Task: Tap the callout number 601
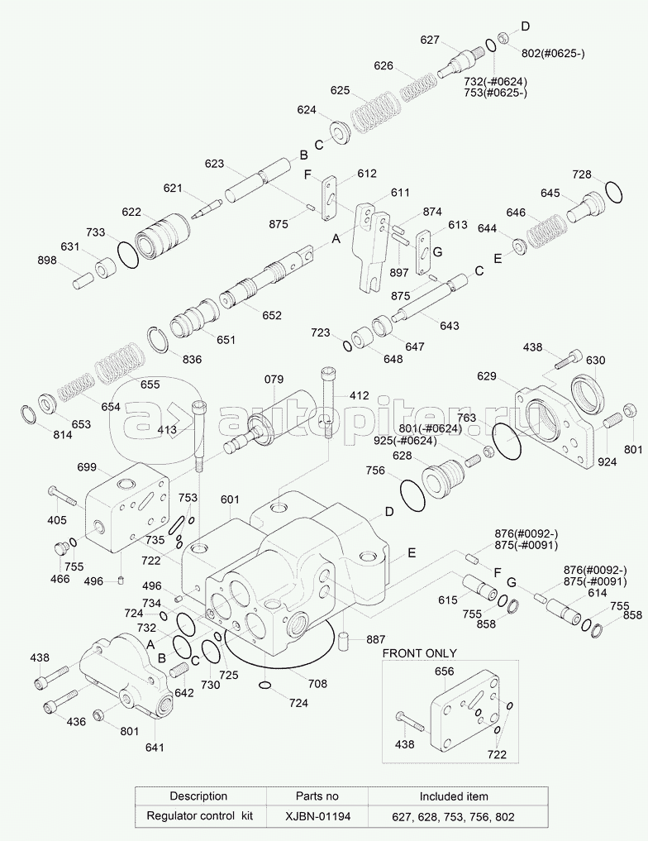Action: click(230, 499)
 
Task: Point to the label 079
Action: click(274, 380)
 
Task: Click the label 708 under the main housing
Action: click(317, 684)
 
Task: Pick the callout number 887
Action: click(377, 640)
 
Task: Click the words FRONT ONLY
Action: click(419, 652)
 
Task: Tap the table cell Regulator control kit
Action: click(198, 817)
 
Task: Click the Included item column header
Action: click(454, 796)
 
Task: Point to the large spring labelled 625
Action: click(374, 112)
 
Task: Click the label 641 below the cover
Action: click(155, 748)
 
